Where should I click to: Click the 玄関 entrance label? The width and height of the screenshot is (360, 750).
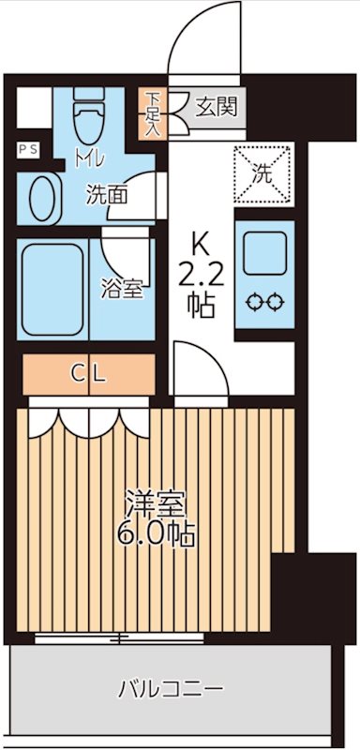click(216, 106)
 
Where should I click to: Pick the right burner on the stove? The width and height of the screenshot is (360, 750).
click(275, 302)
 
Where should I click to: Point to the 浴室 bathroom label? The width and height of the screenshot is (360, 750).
click(121, 289)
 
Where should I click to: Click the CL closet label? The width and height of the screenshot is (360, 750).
click(89, 374)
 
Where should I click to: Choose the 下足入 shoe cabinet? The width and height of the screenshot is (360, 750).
click(153, 112)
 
